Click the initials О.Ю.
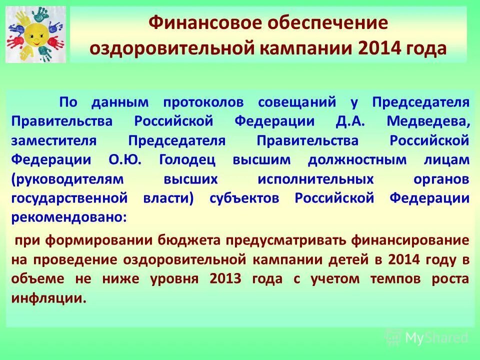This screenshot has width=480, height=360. (x=125, y=159)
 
